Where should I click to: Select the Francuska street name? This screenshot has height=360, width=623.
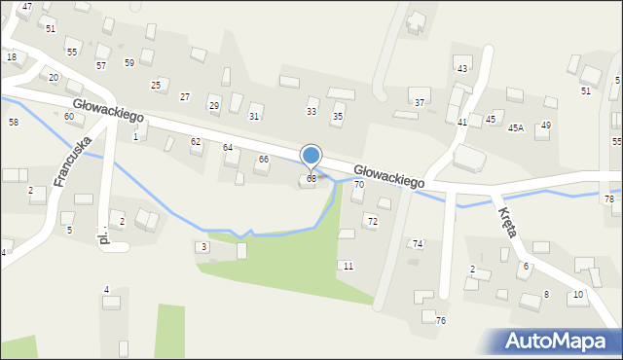coord(73,161)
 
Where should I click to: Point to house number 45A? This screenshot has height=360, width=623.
coord(515,127)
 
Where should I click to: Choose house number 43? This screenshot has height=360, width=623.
coord(462,68)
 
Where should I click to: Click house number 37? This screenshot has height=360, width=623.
coord(420,102)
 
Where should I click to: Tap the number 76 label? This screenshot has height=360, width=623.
coord(441,321)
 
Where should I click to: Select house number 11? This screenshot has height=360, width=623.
coord(348,266)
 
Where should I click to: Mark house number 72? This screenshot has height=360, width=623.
coord(372,222)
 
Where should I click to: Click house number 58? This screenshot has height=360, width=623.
coord(14,122)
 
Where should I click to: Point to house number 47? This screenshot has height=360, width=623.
coord(27,7)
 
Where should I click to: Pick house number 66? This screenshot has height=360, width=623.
coord(264,159)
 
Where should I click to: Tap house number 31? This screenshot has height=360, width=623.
coord(254,116)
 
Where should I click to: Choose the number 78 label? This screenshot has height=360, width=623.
coord(609,198)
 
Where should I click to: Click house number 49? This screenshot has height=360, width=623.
coord(546,125)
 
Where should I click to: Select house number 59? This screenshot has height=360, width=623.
coord(129,62)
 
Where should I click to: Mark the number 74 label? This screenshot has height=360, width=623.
coord(418,243)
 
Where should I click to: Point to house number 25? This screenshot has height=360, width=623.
coord(156,86)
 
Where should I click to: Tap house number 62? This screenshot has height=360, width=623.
coord(196,141)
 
